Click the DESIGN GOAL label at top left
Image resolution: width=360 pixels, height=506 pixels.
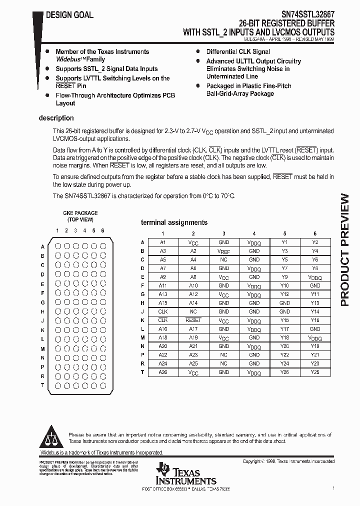(x=69, y=15)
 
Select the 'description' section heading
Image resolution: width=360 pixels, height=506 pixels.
(x=56, y=118)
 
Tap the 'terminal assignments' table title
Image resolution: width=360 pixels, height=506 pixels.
(x=174, y=222)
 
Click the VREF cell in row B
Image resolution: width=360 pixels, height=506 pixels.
(x=223, y=251)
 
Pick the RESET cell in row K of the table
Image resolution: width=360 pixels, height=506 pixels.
(x=193, y=320)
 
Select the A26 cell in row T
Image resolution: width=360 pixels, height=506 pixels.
(x=162, y=372)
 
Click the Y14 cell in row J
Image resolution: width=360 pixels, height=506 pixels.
(x=314, y=311)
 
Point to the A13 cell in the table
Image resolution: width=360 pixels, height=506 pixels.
(x=162, y=294)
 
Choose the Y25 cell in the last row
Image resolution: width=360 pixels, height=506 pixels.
(x=314, y=372)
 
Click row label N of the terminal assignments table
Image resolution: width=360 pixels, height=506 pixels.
(x=142, y=346)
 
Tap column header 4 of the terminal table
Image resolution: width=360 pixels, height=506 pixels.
(x=254, y=233)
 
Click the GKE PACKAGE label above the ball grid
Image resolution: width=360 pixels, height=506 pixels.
(x=79, y=213)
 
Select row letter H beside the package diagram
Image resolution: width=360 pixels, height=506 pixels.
(x=43, y=311)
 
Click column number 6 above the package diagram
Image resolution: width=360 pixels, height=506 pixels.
(x=102, y=230)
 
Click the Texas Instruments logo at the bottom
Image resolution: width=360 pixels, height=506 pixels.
(x=185, y=473)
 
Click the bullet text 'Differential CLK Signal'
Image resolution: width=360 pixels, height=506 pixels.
(x=238, y=52)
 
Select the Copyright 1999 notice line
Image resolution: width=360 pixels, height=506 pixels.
(x=288, y=461)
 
